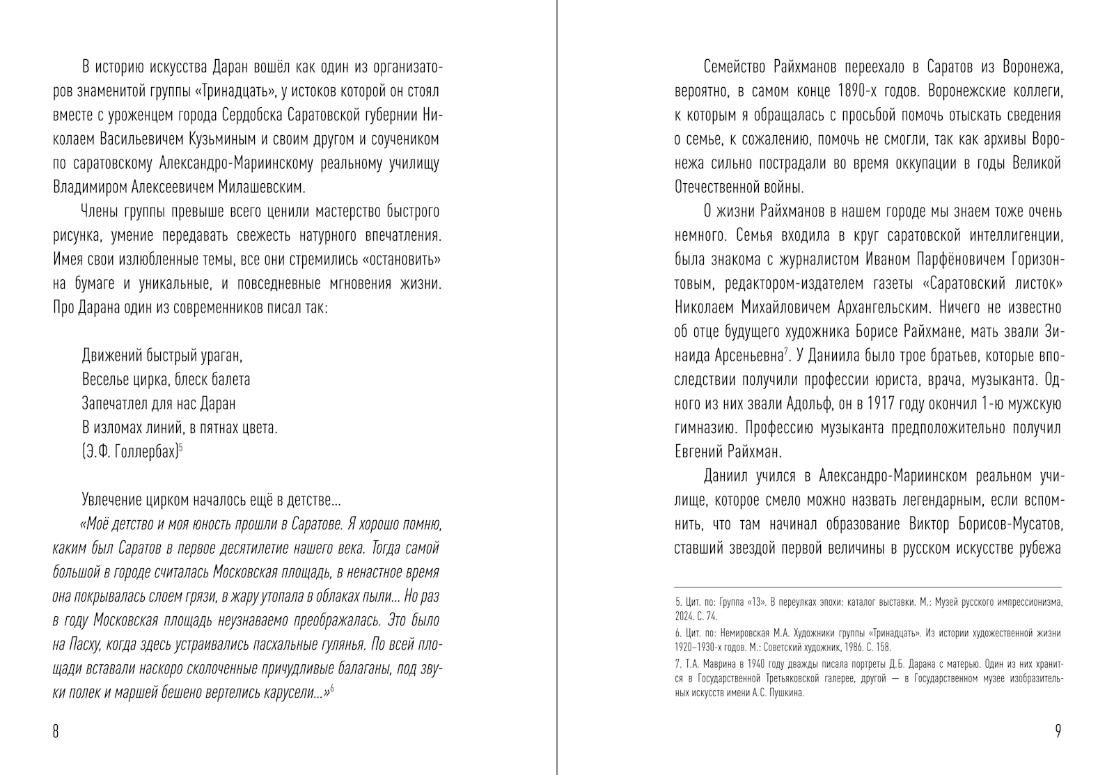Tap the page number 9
point(1058,731)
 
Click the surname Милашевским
point(262,187)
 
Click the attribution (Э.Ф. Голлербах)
point(130,451)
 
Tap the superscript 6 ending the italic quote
point(331,688)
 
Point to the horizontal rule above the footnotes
point(868,587)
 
